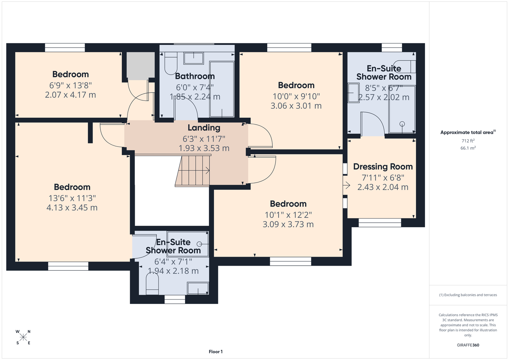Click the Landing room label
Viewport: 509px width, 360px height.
(x=204, y=128)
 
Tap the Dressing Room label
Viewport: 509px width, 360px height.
(x=383, y=167)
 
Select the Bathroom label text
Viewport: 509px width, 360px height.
(x=195, y=76)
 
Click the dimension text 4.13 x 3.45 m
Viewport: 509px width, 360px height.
(x=72, y=208)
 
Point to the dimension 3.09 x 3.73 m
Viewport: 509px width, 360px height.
(x=288, y=224)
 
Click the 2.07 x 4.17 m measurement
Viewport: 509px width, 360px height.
(x=71, y=95)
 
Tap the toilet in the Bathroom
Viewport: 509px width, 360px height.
(x=171, y=63)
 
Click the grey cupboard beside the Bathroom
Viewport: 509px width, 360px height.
(x=140, y=66)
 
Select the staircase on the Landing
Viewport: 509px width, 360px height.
(x=192, y=171)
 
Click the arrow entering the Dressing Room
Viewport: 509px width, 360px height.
(x=347, y=185)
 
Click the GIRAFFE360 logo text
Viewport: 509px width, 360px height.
(x=468, y=345)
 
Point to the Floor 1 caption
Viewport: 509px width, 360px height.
(x=216, y=352)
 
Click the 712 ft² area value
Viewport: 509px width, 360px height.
(x=468, y=141)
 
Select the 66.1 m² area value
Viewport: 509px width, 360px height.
(x=468, y=148)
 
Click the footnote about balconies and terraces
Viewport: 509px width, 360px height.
(x=468, y=295)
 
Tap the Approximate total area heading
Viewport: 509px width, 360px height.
(x=468, y=132)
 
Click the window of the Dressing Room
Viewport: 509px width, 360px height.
(x=380, y=222)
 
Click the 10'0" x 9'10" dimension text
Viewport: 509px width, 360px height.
(x=296, y=96)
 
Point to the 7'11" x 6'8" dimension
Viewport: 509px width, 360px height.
(x=383, y=178)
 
